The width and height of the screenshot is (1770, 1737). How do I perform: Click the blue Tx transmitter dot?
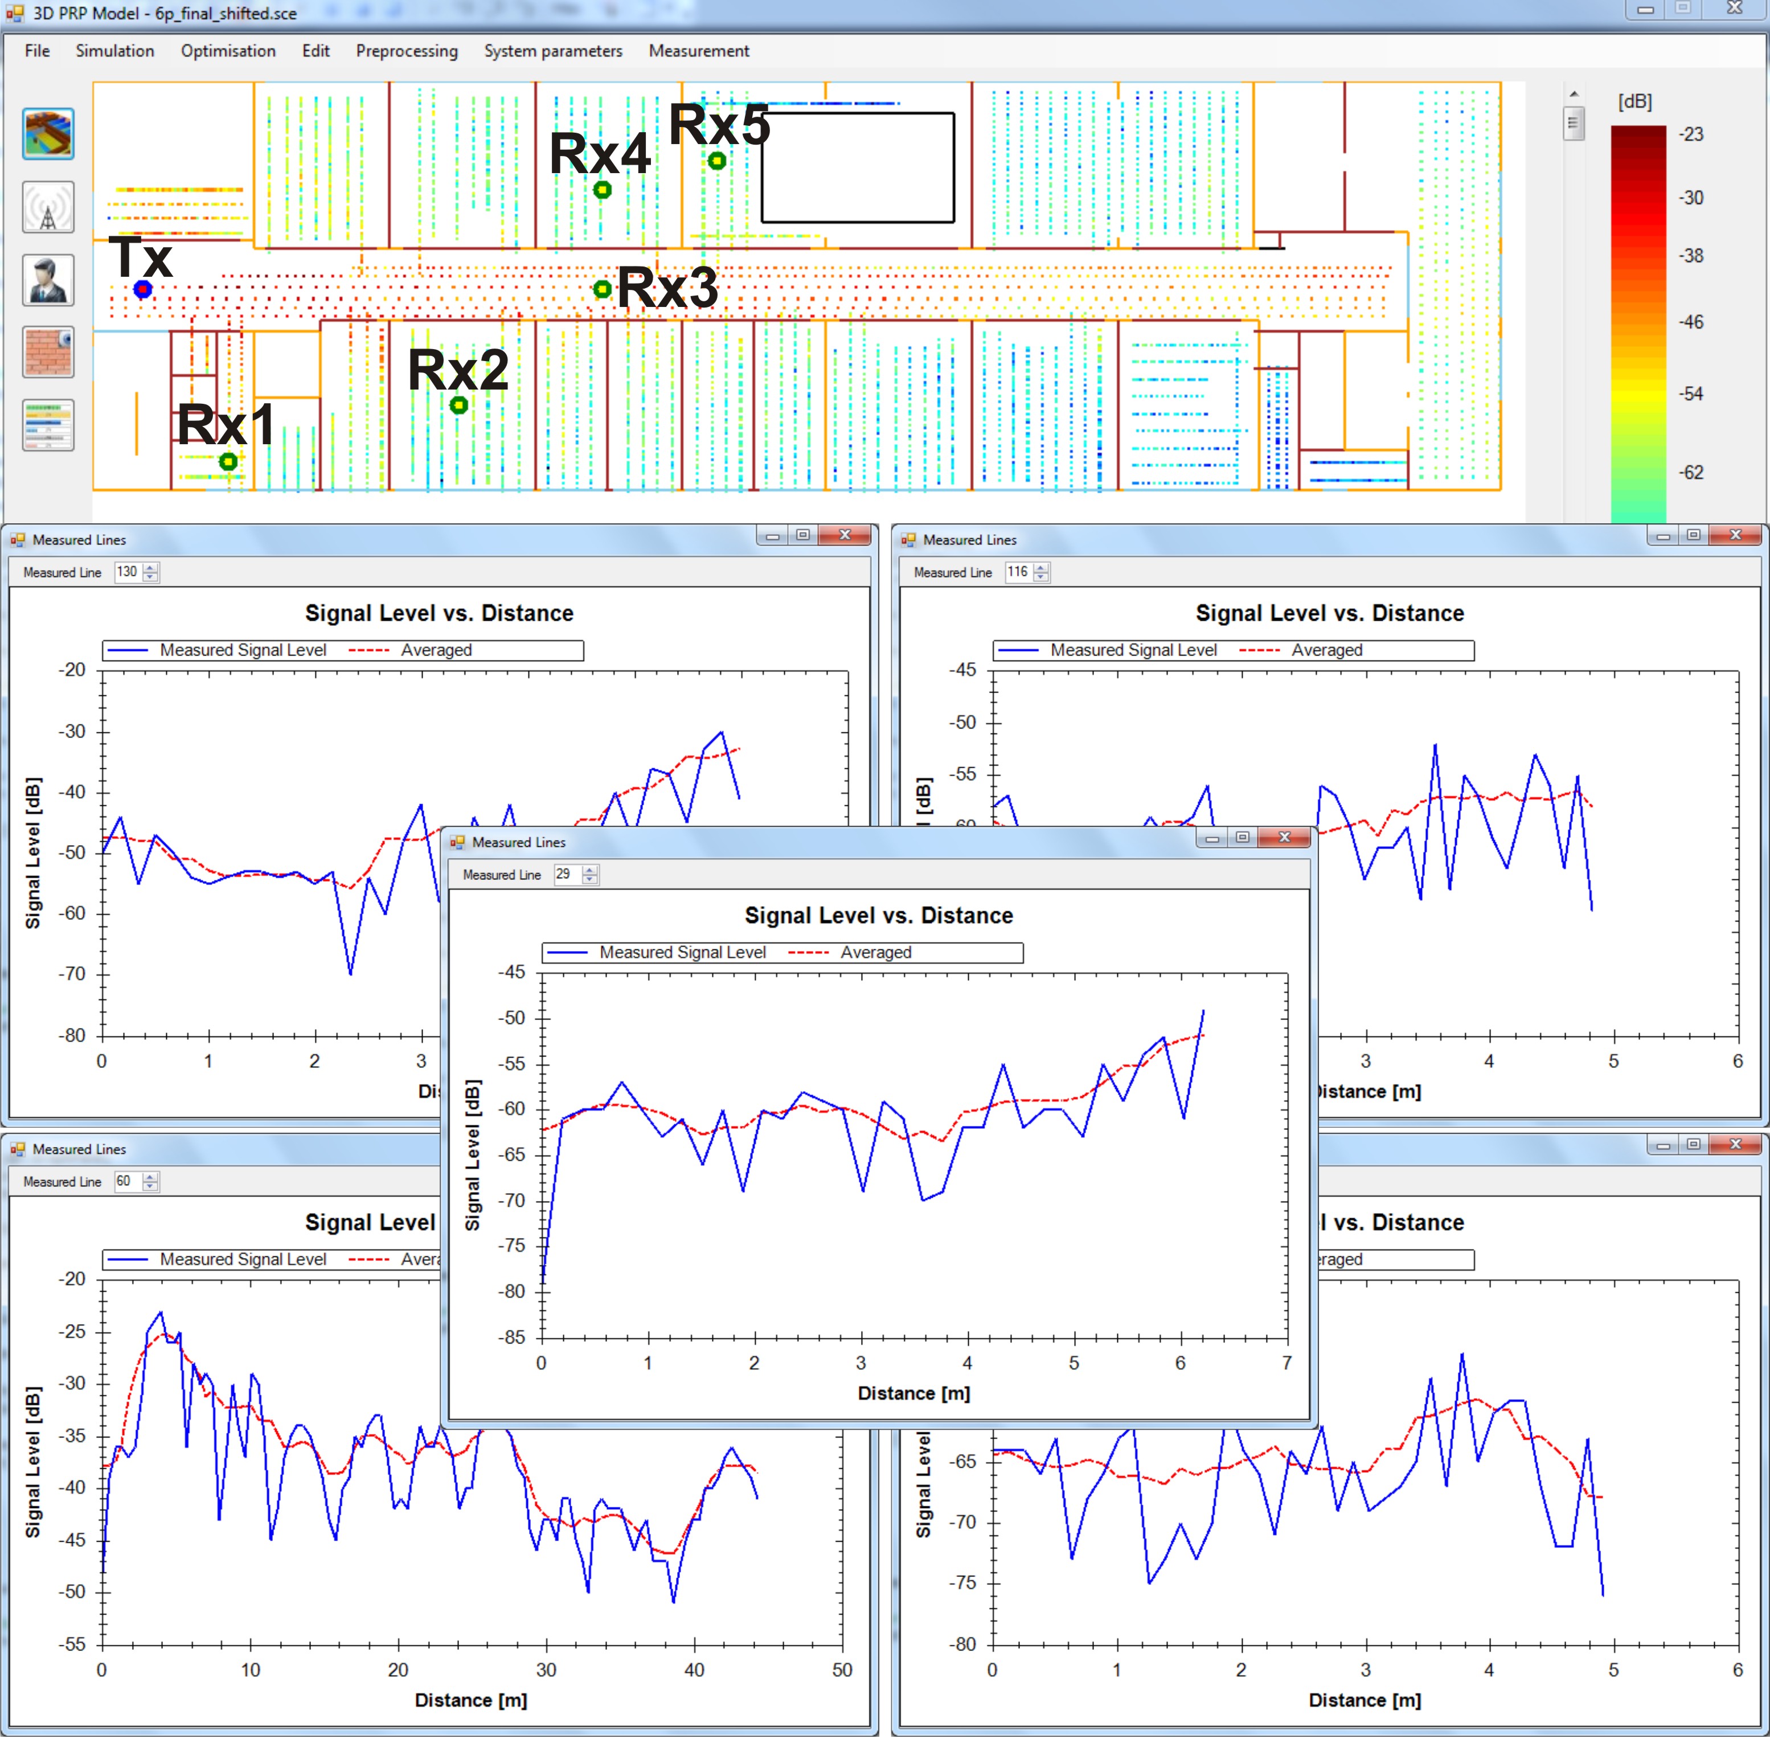142,289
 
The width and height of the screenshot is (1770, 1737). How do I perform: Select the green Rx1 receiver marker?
228,462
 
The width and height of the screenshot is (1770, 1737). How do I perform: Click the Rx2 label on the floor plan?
458,370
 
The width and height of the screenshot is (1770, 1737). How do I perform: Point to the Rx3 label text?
668,288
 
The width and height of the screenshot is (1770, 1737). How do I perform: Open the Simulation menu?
115,51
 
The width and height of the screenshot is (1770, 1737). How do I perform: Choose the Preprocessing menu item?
407,51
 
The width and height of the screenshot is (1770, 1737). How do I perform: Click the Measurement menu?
699,51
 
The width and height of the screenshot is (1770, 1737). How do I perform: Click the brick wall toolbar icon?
48,352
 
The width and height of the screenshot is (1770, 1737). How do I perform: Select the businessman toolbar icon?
48,280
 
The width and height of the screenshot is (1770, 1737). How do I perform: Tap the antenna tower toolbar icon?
48,207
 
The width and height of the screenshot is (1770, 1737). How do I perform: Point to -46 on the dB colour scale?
1691,322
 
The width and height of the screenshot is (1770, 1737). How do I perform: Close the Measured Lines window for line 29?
1285,838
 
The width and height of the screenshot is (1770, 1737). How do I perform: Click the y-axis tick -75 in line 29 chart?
512,1246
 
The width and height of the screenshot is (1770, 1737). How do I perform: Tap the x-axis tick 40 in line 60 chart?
694,1669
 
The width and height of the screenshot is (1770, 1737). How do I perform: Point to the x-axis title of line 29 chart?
914,1393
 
